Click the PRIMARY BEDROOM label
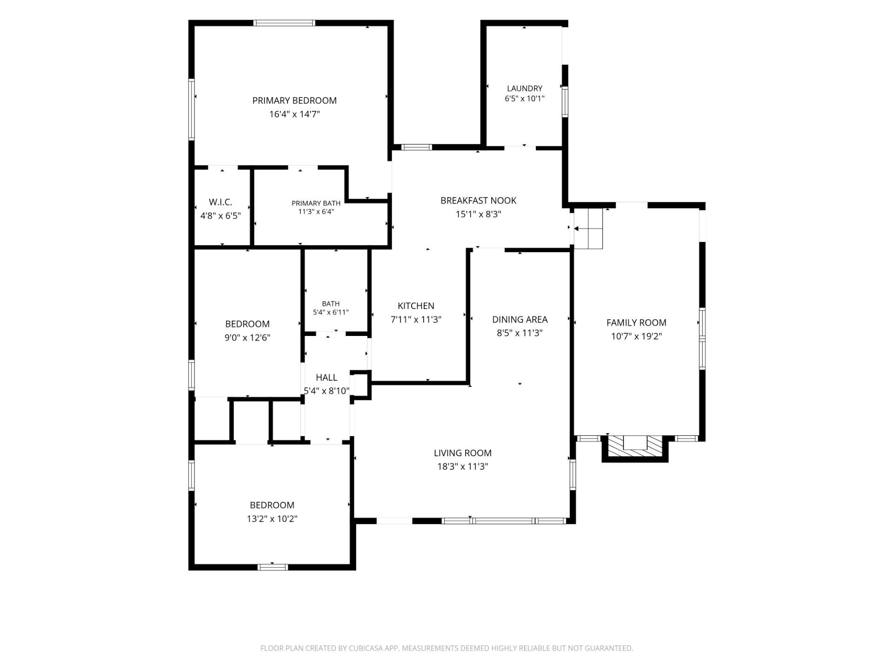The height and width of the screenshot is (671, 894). point(294,101)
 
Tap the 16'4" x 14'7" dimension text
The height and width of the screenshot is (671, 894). point(294,114)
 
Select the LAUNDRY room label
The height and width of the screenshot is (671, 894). point(524,89)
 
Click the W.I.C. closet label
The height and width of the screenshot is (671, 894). point(220,202)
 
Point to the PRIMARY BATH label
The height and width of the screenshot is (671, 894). point(316,203)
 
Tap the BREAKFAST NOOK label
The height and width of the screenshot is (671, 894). point(478,201)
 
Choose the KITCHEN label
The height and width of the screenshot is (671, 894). point(416,306)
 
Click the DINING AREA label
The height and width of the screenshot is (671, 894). point(520,320)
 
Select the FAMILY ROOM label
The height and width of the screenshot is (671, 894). point(636,323)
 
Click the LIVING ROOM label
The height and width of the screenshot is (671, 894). point(462,453)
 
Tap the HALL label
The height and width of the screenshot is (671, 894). point(326,377)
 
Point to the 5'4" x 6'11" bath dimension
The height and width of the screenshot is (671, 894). point(331,312)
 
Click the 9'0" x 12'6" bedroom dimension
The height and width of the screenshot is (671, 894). point(247,337)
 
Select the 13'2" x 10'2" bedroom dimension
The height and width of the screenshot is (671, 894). point(272,519)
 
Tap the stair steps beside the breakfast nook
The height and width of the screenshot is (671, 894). point(589,229)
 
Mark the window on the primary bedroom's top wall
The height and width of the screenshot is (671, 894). point(284,23)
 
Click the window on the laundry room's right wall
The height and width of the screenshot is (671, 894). point(565,102)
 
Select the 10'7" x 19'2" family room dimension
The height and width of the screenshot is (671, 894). point(636,336)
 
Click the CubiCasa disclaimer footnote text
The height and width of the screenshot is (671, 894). point(447,648)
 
